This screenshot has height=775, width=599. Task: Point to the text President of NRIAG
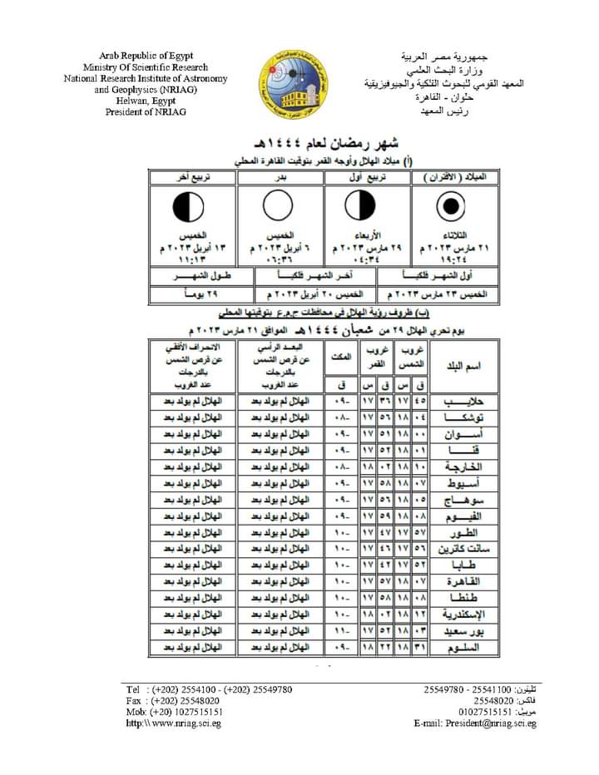pyautogui.click(x=146, y=111)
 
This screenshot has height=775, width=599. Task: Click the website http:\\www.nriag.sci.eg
pyautogui.click(x=173, y=723)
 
